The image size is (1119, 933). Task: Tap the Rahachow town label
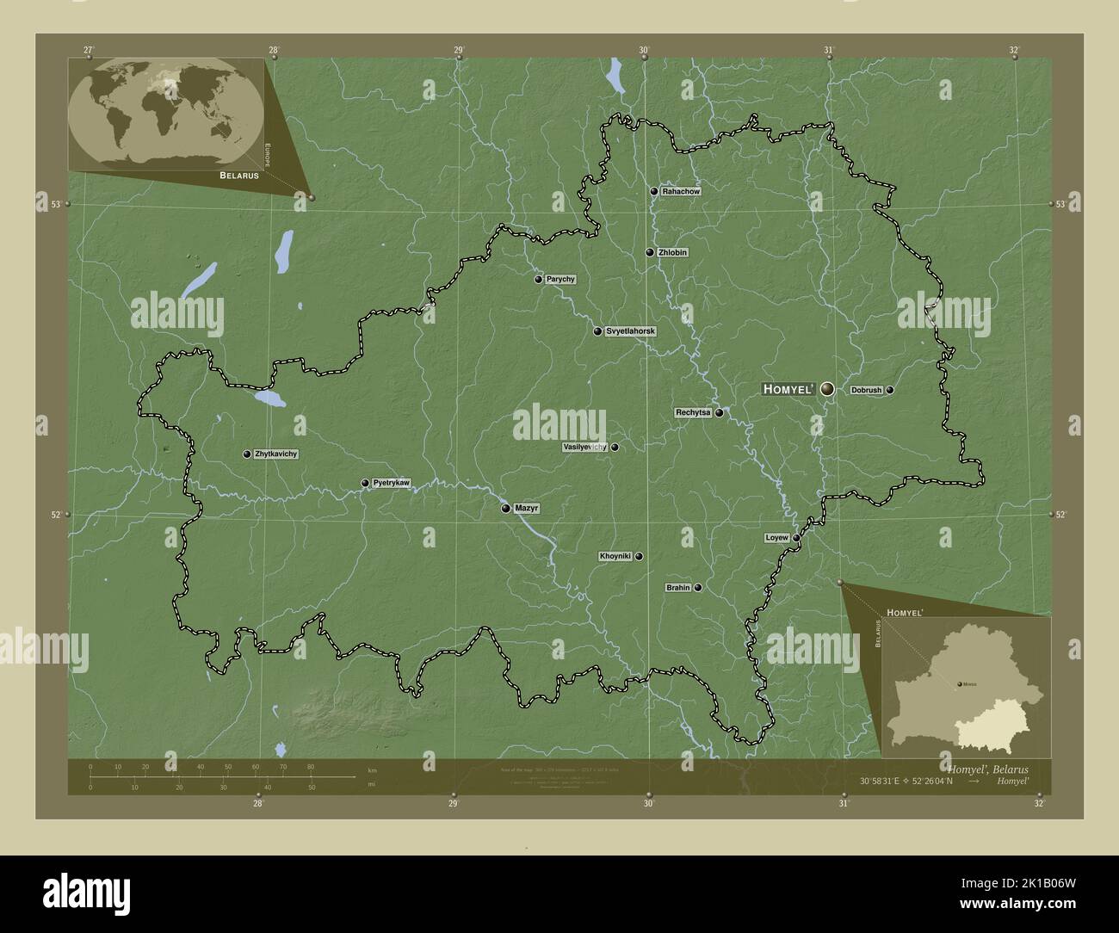tap(680, 191)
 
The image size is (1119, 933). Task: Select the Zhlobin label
tap(672, 253)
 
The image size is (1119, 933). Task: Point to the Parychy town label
tap(560, 280)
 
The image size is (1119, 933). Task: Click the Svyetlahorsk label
tap(631, 331)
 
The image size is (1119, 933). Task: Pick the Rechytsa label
tap(693, 413)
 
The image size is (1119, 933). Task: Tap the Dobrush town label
tap(866, 390)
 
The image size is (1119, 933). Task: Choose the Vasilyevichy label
tap(584, 448)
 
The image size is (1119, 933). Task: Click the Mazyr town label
tap(526, 509)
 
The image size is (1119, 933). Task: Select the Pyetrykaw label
tap(391, 484)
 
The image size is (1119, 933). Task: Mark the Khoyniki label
tap(615, 557)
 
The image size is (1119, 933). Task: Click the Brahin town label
tap(678, 589)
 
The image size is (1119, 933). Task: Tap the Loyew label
tap(776, 538)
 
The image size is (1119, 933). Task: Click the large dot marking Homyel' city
tap(827, 389)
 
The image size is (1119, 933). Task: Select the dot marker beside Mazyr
tap(506, 509)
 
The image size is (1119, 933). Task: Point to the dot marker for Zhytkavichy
tap(247, 454)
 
